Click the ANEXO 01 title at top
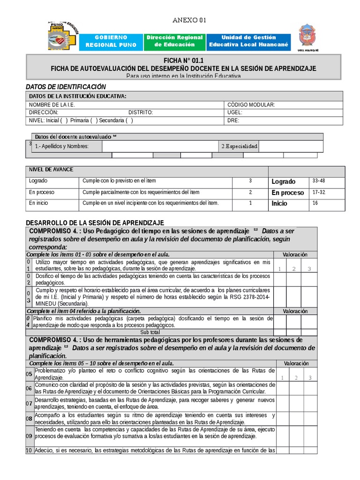click(x=189, y=20)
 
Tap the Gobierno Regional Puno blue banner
click(x=111, y=41)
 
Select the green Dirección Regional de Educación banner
click(x=174, y=41)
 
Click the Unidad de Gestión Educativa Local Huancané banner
click(x=249, y=41)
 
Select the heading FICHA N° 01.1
click(x=183, y=61)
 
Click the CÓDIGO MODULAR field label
click(x=251, y=105)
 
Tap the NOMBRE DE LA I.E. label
click(x=52, y=105)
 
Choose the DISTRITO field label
click(x=141, y=112)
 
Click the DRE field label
click(x=233, y=120)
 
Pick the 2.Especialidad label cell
click(x=239, y=147)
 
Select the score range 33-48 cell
click(x=319, y=181)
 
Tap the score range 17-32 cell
click(x=319, y=192)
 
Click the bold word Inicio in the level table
click(x=279, y=204)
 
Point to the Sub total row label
click(x=153, y=332)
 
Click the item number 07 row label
click(x=29, y=404)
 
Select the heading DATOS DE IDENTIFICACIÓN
click(x=66, y=87)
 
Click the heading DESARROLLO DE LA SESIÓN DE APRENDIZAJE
click(x=95, y=222)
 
